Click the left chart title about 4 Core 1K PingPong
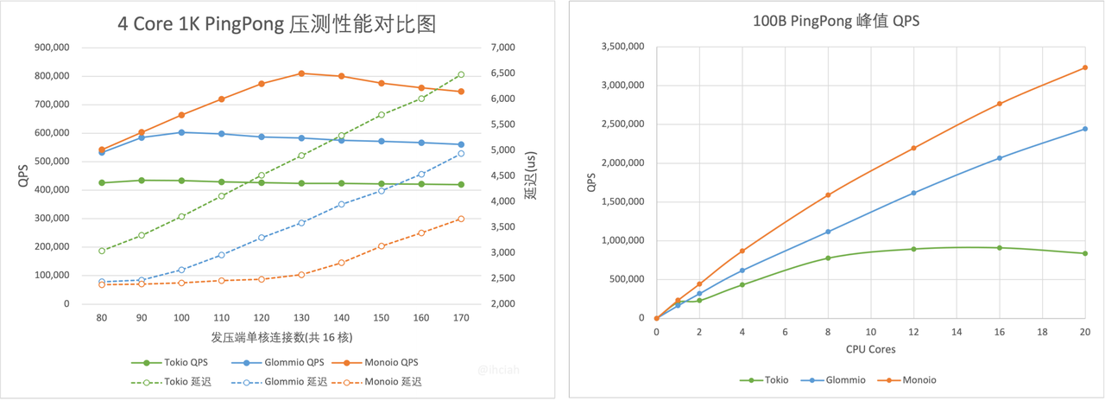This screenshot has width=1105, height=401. coord(276,23)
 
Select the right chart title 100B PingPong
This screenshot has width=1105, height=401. coord(836,22)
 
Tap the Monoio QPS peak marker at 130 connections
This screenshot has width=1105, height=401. coord(301,73)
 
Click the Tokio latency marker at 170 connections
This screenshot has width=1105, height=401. coord(461,75)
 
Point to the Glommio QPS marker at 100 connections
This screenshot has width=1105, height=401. coord(181,132)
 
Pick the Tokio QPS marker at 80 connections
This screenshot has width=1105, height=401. coord(102,182)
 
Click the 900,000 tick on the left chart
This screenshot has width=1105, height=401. coord(52,48)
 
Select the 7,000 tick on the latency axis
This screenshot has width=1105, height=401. coord(502,48)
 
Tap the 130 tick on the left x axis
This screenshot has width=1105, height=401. coord(301,318)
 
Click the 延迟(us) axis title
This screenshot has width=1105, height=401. coord(530,175)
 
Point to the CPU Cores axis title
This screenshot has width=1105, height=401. coord(870,349)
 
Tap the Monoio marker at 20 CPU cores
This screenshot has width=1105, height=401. coord(1084,67)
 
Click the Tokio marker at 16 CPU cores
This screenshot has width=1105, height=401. coord(999,248)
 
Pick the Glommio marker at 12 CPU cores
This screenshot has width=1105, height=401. coord(913,193)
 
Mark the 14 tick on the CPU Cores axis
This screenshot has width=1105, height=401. coord(956,332)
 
